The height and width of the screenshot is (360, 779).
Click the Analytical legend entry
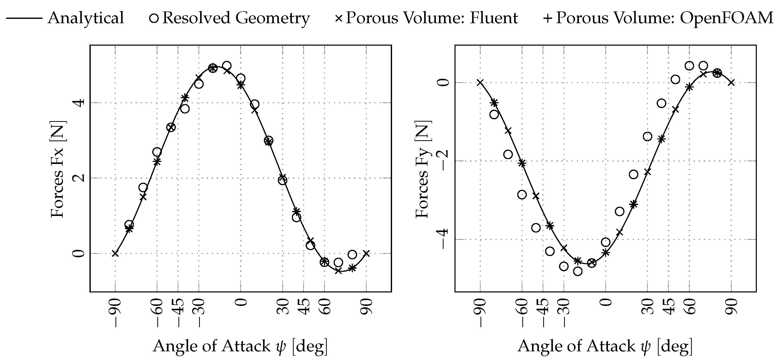click(65, 18)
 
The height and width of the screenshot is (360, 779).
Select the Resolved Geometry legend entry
click(230, 18)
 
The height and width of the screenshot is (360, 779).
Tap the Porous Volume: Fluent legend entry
click(426, 18)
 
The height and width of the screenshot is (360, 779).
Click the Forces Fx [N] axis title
click(58, 169)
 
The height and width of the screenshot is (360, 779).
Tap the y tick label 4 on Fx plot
click(80, 103)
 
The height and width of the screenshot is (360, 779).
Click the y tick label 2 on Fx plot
click(80, 178)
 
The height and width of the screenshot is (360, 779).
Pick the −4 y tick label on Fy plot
click(444, 239)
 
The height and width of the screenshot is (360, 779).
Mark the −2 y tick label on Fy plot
click(444, 161)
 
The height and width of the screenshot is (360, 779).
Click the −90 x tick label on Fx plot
click(115, 313)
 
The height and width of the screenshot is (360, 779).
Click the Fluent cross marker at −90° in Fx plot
click(115, 253)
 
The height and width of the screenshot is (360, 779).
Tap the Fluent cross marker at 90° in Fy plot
click(731, 82)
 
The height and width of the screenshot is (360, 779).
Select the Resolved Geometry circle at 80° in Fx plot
click(352, 254)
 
